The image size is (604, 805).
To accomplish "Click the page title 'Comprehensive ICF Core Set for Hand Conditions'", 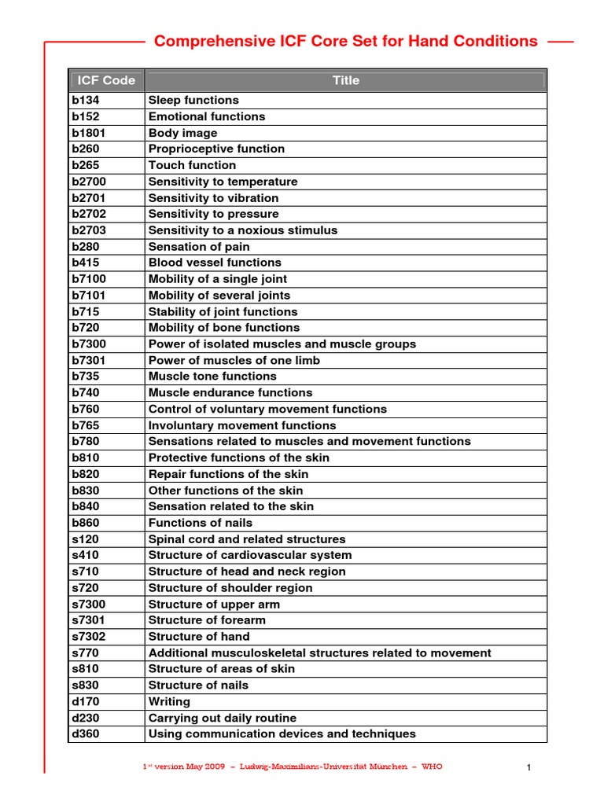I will click(x=346, y=42).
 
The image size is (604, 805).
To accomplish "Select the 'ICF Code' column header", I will click(x=106, y=80).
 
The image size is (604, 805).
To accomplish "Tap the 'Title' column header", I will click(x=346, y=80).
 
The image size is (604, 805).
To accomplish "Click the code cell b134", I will click(x=85, y=101).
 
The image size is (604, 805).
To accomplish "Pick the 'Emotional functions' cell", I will click(x=207, y=116).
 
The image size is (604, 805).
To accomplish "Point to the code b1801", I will click(x=88, y=133).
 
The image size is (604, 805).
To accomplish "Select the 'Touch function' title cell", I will click(x=192, y=165).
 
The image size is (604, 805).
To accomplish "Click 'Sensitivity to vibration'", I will click(x=213, y=198).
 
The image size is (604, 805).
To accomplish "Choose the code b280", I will click(x=85, y=247).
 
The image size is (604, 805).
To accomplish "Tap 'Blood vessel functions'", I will click(x=215, y=263).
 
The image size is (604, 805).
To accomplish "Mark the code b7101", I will click(x=88, y=296).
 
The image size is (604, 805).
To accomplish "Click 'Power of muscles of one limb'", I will click(x=234, y=361).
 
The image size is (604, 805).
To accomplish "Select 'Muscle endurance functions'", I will click(x=230, y=393).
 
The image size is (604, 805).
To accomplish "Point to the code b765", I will click(x=85, y=425).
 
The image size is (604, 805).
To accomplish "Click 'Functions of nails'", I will click(x=201, y=523).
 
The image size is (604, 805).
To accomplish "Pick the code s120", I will click(x=85, y=539).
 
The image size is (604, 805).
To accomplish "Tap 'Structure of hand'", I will click(x=199, y=637).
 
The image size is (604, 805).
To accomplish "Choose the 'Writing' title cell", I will click(x=169, y=701).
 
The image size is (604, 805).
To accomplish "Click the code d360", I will click(x=85, y=734).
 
